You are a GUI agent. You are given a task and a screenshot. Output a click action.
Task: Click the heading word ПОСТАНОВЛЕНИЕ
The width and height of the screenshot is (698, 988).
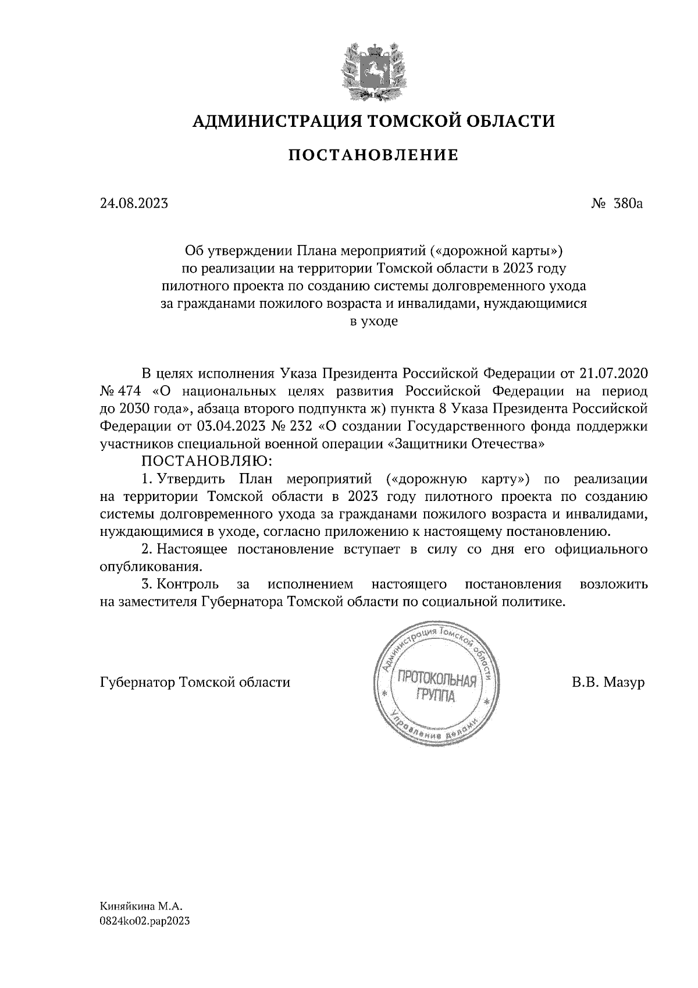click(373, 155)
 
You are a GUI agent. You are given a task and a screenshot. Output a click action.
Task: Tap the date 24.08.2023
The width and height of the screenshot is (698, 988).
click(134, 204)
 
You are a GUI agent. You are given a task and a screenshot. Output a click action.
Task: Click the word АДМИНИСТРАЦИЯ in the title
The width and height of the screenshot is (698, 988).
click(271, 121)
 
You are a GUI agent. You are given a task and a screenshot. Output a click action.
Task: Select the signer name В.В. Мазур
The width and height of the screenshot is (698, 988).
click(608, 682)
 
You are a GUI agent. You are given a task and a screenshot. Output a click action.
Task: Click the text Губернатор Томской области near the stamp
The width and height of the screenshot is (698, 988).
click(195, 682)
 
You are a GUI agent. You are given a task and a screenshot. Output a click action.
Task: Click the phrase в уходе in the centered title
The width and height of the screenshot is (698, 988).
click(373, 321)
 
